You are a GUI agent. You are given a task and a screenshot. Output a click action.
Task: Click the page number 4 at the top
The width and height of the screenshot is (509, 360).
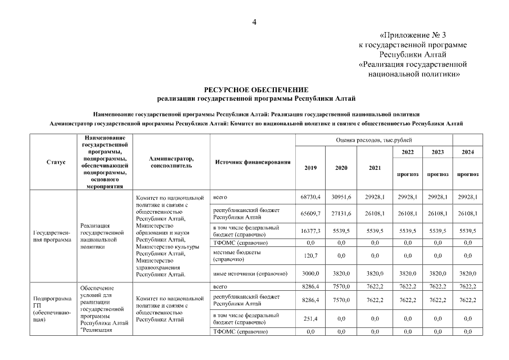(x=254, y=22)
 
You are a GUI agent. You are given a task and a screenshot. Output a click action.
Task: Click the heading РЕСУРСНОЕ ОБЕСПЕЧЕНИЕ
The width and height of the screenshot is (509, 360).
(x=256, y=89)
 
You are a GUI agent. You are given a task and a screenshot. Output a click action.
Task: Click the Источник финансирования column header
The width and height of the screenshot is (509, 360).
(x=253, y=162)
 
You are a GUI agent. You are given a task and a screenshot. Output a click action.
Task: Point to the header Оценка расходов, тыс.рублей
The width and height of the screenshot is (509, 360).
(x=373, y=139)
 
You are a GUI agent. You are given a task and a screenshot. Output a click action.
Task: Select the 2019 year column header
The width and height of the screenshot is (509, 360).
(x=310, y=168)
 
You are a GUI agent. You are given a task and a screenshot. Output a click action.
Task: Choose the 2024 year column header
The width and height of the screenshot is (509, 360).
(x=467, y=152)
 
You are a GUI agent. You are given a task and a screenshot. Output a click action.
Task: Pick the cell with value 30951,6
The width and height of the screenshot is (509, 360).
(x=341, y=197)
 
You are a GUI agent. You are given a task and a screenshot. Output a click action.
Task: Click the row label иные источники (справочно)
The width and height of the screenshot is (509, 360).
(x=250, y=273)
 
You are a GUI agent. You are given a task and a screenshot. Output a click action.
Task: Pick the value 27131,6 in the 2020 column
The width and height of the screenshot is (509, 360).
(x=341, y=214)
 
